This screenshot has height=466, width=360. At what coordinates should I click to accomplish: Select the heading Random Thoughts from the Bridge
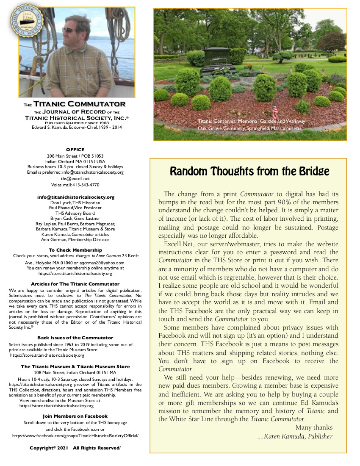point(249,172)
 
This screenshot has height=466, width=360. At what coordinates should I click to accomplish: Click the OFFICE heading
point(75,150)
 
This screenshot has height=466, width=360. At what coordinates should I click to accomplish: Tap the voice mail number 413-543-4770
point(75,185)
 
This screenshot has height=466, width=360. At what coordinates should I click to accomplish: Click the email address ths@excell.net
point(75,179)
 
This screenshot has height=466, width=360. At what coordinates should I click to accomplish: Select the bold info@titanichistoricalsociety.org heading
point(76,197)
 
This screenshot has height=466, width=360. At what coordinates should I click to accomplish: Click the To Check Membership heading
point(75,250)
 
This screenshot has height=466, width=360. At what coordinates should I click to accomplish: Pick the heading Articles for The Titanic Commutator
point(75,284)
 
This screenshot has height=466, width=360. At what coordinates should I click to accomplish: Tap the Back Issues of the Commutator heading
point(75,338)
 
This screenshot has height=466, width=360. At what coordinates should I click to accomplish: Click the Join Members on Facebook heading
point(75,416)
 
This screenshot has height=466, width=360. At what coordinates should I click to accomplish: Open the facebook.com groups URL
point(75,435)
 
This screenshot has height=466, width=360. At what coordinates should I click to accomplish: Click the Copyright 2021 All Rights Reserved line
point(75,448)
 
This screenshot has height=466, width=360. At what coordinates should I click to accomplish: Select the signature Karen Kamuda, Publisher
point(295,436)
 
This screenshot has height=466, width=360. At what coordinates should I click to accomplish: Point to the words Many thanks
point(314,427)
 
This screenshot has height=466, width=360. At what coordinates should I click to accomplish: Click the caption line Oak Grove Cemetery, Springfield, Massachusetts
point(249,128)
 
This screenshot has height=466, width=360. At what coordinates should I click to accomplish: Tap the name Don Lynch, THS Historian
point(75,202)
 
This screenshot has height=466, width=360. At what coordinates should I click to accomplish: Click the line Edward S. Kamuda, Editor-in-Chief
point(75,127)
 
